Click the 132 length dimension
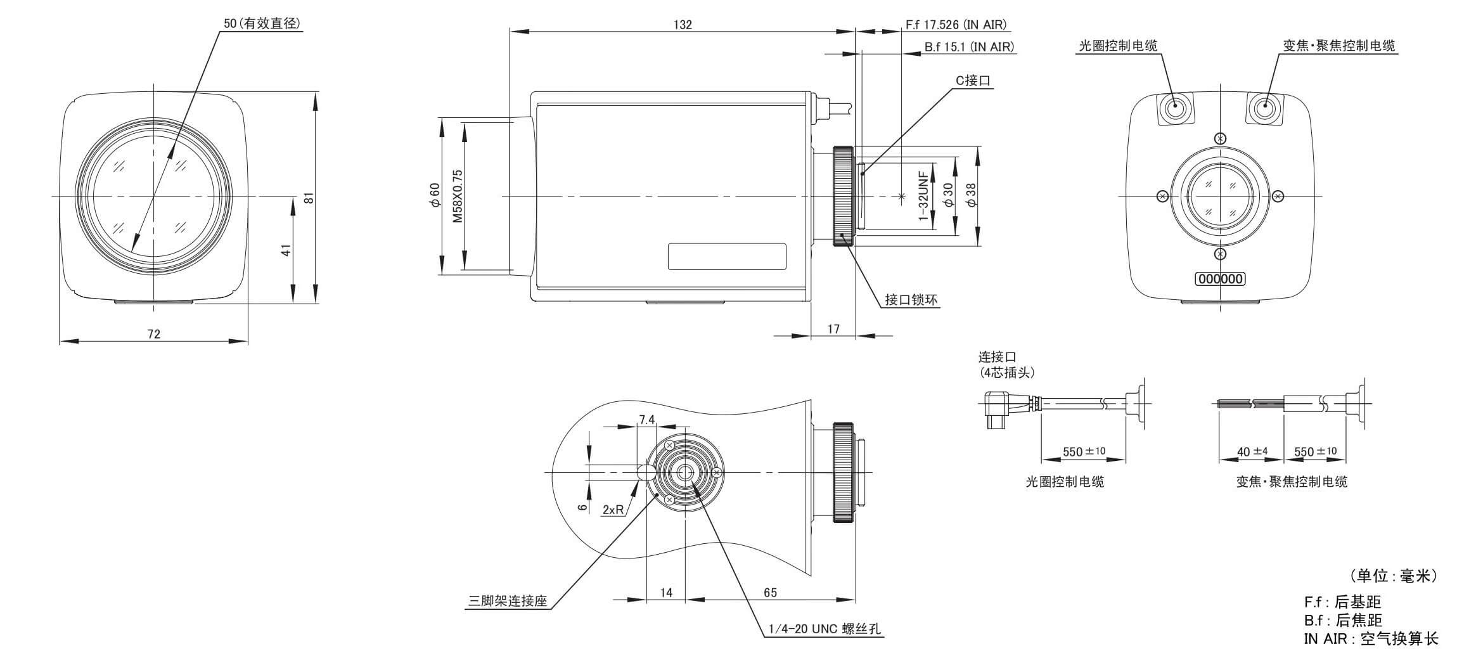tap(682, 25)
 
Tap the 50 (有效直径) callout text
tap(262, 23)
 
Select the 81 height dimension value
tap(309, 198)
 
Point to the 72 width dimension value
tap(154, 333)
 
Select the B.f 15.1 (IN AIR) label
tap(968, 46)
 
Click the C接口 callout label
tap(973, 81)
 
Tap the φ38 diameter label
tap(972, 195)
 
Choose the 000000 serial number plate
tap(1219, 279)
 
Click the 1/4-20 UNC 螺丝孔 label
tap(824, 629)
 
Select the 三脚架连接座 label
tap(507, 602)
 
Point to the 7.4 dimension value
tap(647, 419)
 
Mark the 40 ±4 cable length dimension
tap(1252, 452)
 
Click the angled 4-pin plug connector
tap(995, 409)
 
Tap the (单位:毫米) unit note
tap(1393, 576)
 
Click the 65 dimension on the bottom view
tap(770, 592)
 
